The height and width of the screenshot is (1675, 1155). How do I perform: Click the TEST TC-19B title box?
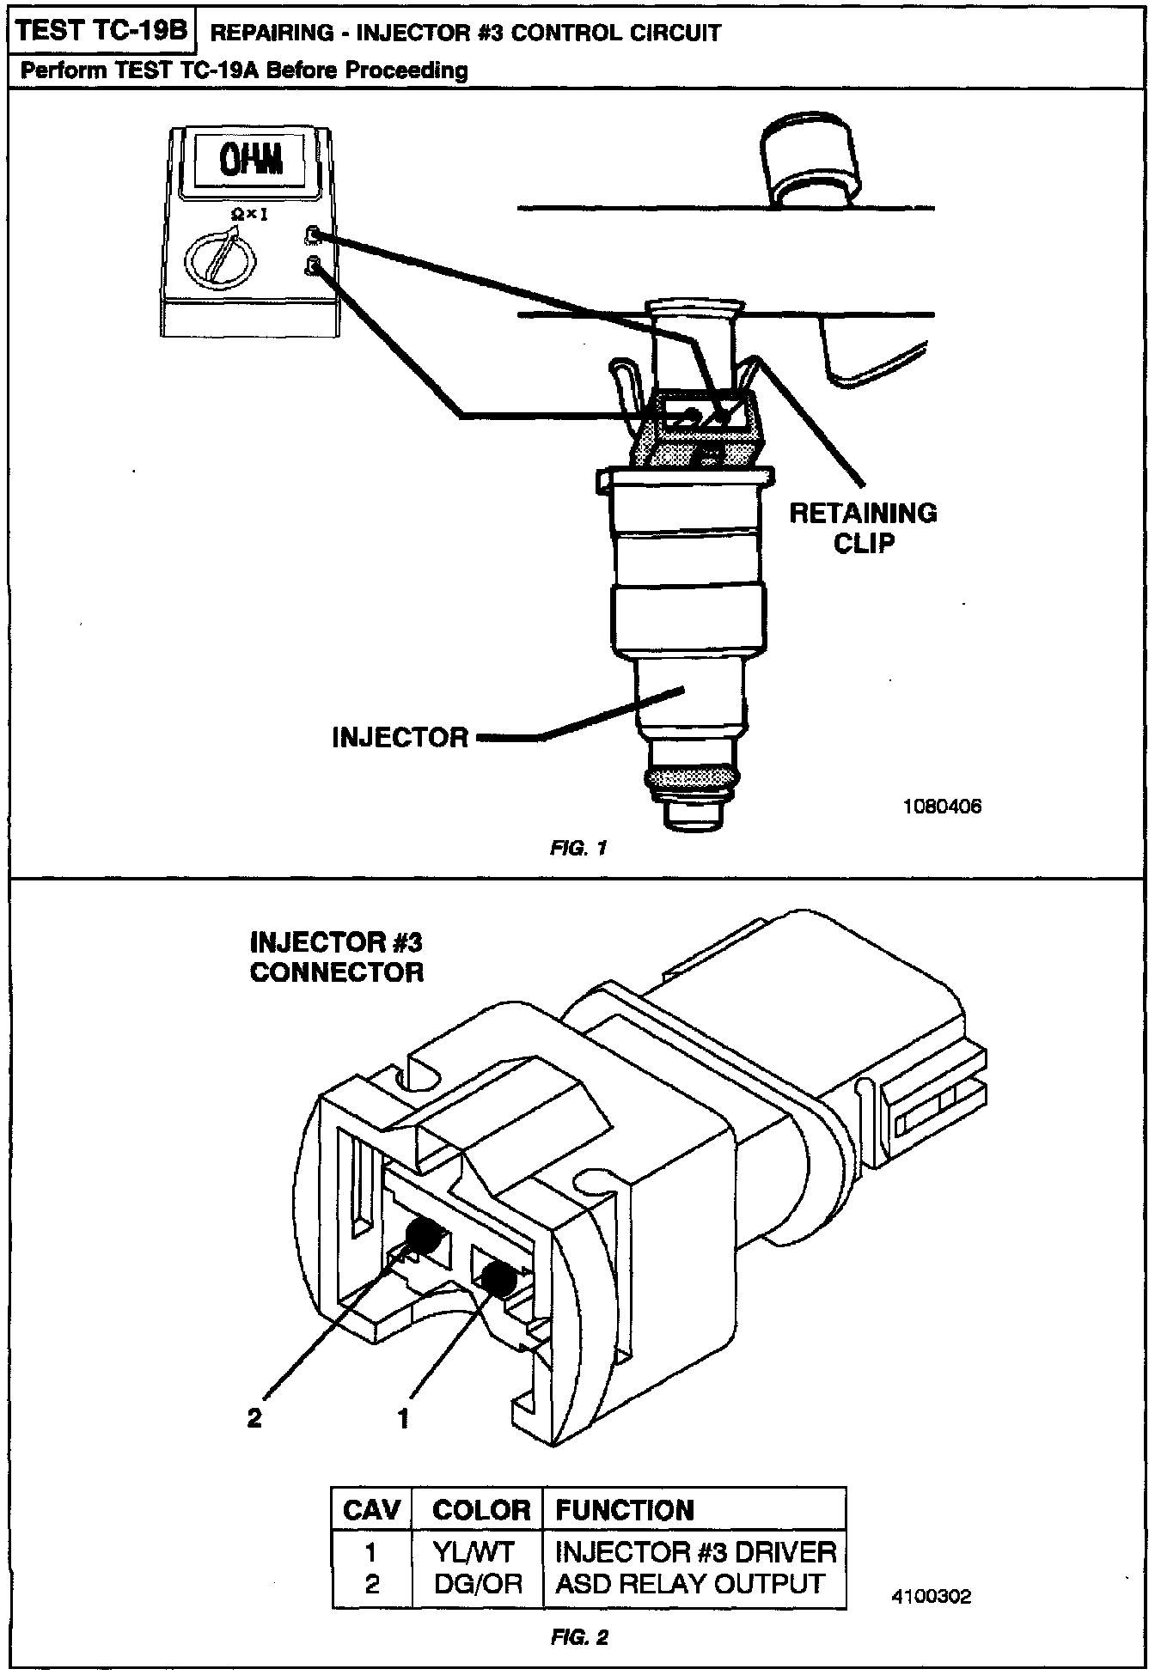click(x=101, y=31)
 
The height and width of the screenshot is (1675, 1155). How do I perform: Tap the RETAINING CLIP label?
click(x=863, y=527)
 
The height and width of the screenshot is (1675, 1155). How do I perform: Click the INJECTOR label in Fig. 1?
click(x=400, y=737)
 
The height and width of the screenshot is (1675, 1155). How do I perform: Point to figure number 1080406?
click(x=942, y=807)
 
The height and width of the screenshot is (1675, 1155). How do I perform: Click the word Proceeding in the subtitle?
click(x=406, y=70)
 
